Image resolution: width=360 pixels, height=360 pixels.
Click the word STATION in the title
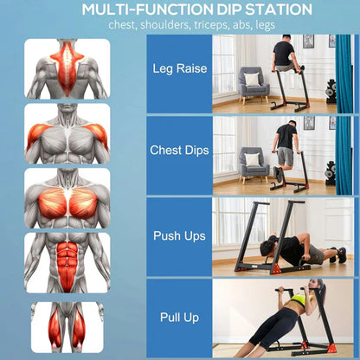(x=279, y=10)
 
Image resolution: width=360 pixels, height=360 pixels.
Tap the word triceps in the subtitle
(x=212, y=25)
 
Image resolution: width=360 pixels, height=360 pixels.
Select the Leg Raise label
(x=180, y=68)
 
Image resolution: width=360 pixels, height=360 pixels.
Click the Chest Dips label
(x=179, y=151)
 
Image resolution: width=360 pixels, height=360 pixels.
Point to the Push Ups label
(x=179, y=235)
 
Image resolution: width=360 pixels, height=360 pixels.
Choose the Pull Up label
(x=179, y=318)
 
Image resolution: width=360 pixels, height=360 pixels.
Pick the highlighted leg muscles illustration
(x=67, y=327)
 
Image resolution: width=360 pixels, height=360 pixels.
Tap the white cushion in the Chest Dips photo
(x=253, y=159)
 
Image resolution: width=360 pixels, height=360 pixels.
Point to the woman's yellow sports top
(x=300, y=298)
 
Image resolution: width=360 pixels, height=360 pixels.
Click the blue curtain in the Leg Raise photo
(x=344, y=74)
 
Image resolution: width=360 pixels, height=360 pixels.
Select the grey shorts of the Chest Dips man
(x=285, y=156)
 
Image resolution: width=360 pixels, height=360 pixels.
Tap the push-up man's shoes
(x=338, y=254)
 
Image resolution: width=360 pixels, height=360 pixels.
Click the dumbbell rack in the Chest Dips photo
(x=331, y=173)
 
